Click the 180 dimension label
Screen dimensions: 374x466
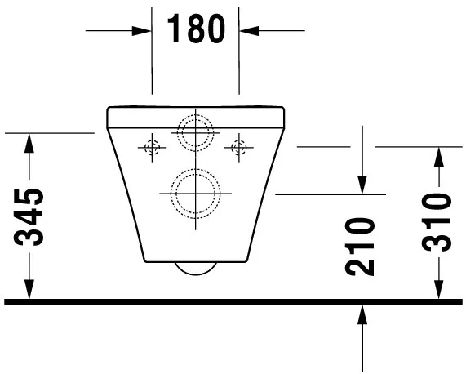195,30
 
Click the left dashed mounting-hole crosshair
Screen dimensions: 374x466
151,148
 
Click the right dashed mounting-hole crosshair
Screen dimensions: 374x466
239,148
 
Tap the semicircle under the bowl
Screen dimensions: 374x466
196,270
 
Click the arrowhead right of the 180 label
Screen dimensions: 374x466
247,30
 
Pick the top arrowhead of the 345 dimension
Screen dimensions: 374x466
30,142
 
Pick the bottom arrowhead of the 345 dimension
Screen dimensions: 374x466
30,291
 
